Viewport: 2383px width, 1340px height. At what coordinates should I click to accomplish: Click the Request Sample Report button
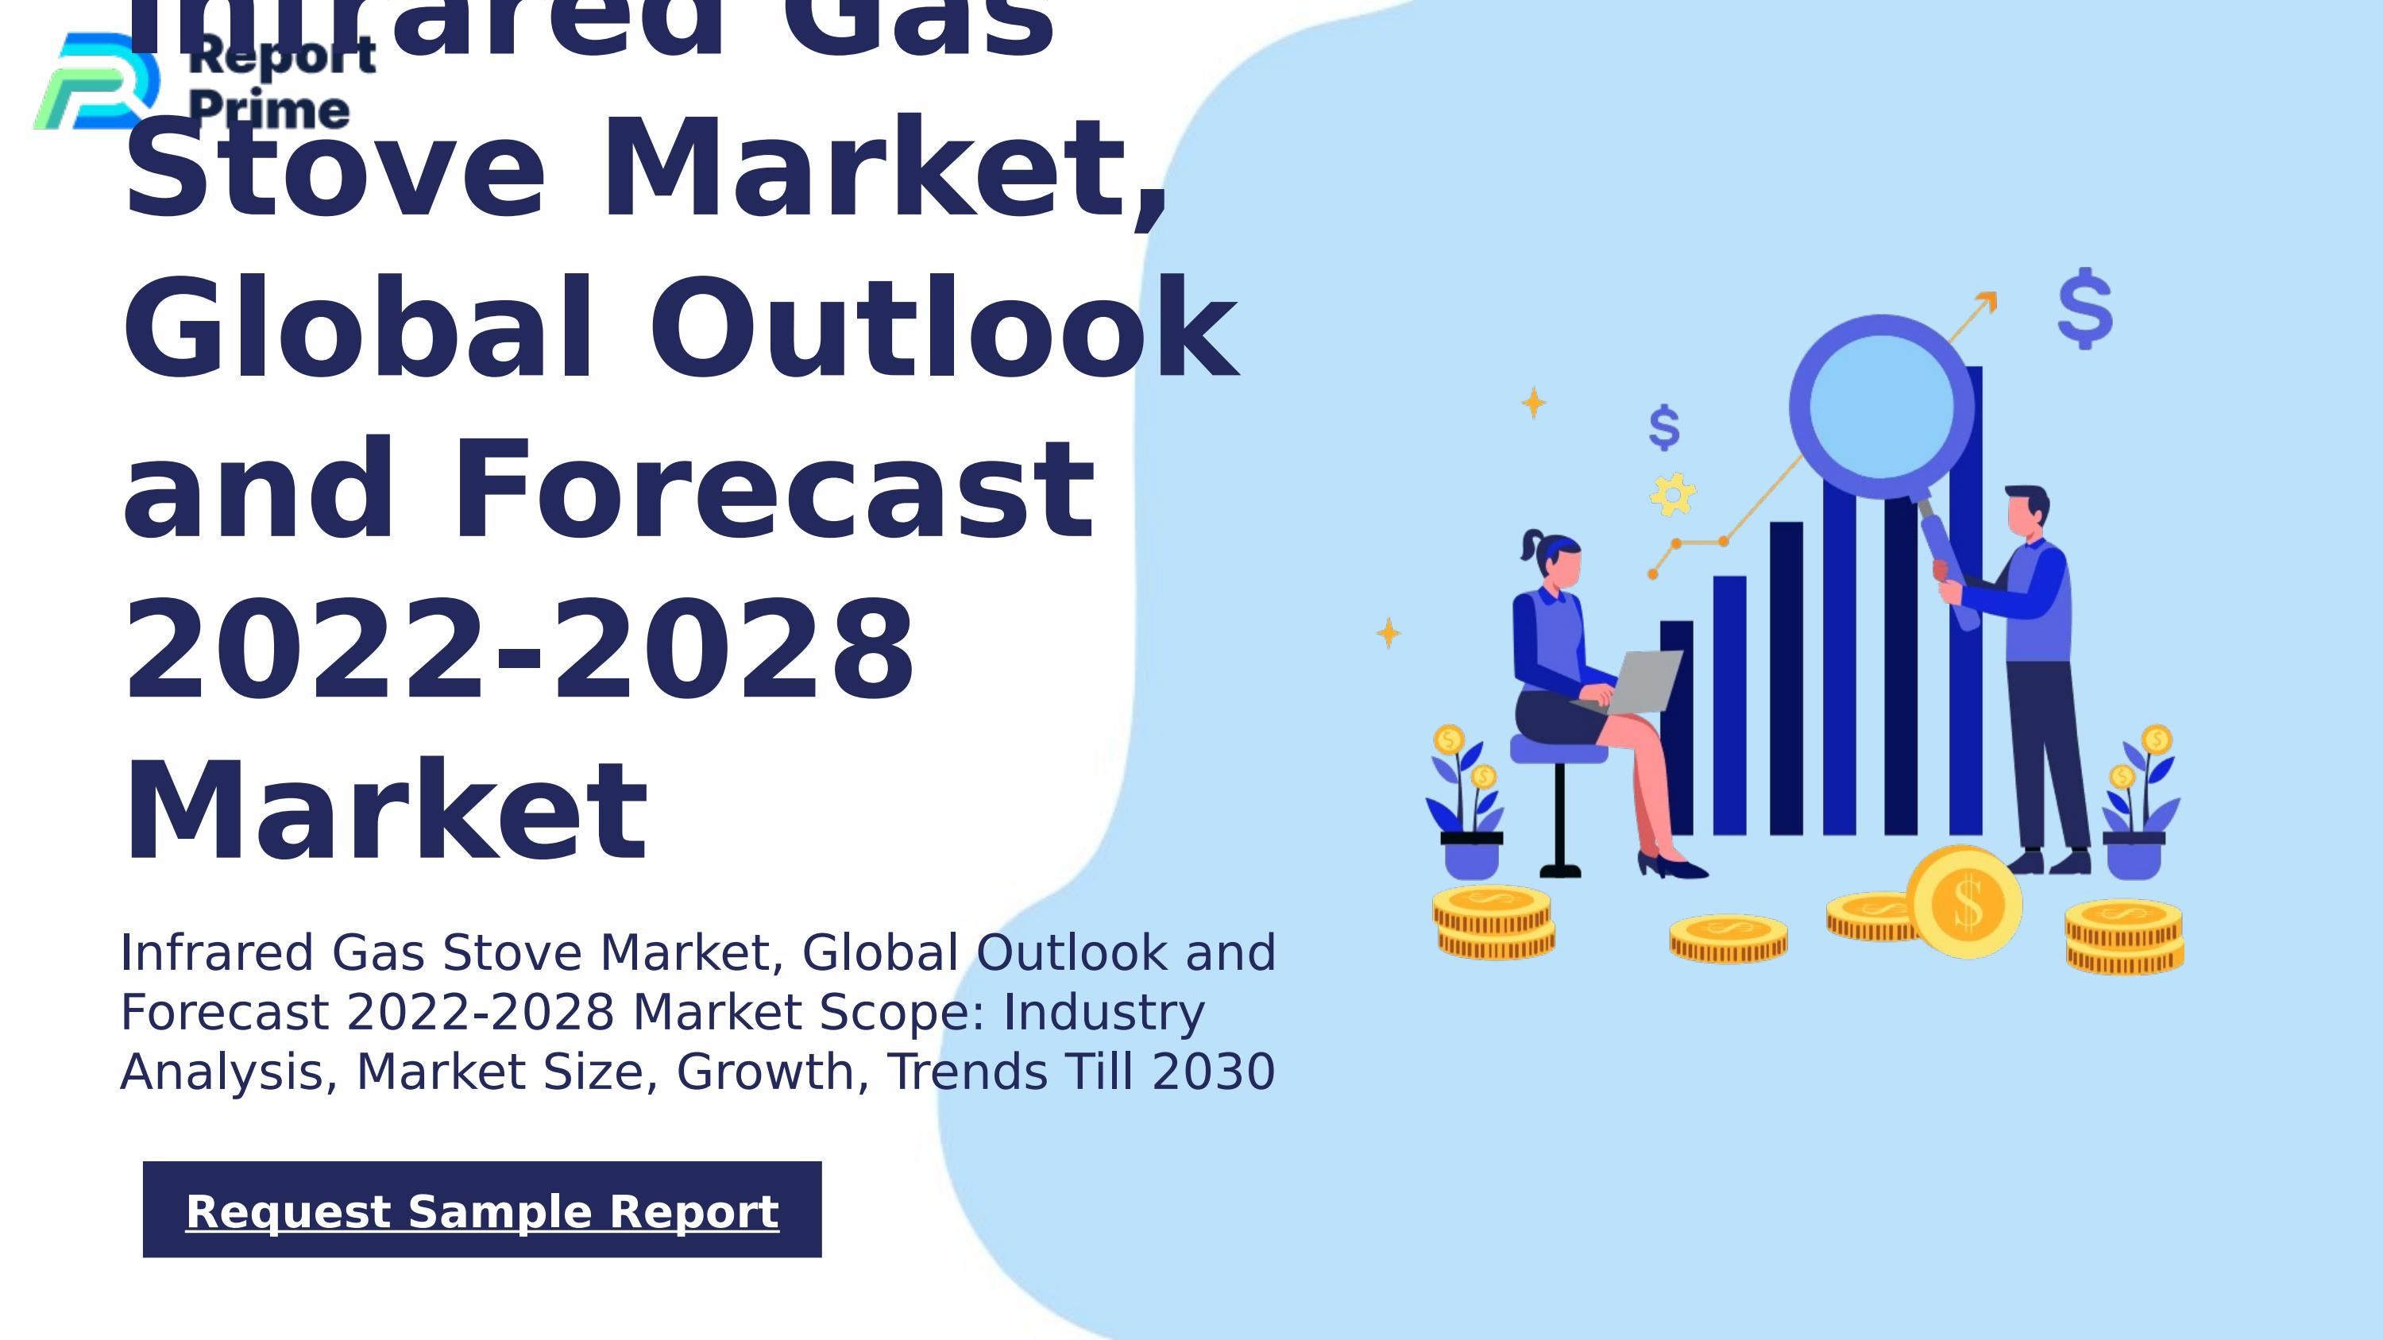482,1210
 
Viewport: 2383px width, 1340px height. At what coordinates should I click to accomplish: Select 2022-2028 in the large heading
518,650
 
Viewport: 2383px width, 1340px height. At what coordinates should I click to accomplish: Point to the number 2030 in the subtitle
1214,1072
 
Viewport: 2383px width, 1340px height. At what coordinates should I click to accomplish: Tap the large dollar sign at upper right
2085,308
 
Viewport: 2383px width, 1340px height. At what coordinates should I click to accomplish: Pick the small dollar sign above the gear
1664,427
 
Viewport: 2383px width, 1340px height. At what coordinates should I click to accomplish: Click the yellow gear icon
1673,494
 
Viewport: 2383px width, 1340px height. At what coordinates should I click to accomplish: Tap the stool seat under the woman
1558,749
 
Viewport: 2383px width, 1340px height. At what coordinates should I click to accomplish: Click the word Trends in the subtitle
967,1072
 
